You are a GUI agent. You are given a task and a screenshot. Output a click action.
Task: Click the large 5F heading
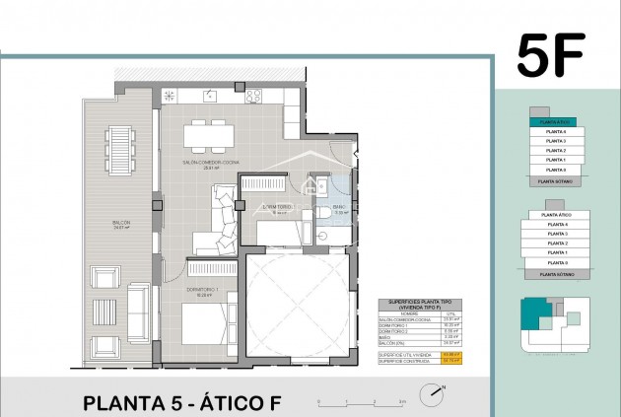click(553, 56)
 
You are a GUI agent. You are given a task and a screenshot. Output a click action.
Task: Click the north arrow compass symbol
click(435, 395)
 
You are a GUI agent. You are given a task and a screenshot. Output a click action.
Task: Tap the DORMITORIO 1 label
click(201, 290)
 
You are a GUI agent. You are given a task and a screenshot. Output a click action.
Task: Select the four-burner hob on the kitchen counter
click(253, 96)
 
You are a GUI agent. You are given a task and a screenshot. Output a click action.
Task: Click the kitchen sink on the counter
click(210, 96)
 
